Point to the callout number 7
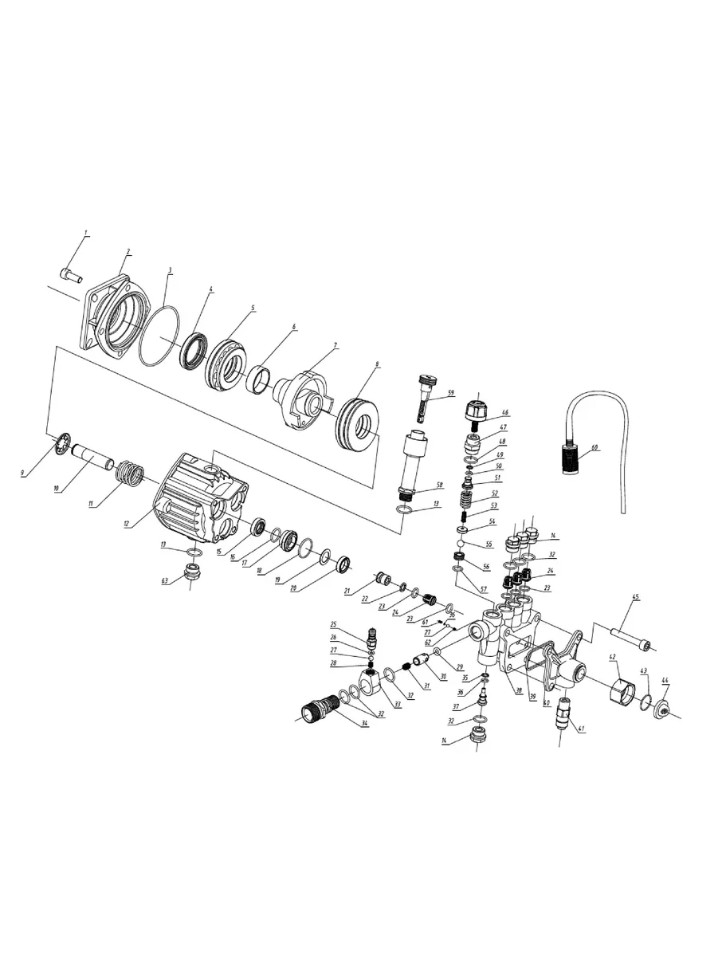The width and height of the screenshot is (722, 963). pos(335,346)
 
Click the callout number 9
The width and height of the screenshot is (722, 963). pos(22,474)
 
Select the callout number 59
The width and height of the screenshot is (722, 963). pos(450,393)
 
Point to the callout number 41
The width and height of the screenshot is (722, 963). pos(581,729)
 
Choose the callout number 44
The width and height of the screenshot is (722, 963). pos(665,682)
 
